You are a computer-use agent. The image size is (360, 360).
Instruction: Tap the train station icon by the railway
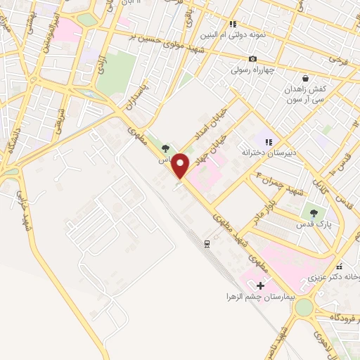(x=207, y=243)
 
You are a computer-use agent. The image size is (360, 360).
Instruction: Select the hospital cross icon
(x=261, y=285)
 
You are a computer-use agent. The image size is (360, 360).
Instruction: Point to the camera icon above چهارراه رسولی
(x=252, y=58)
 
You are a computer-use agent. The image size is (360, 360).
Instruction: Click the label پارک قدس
(x=314, y=223)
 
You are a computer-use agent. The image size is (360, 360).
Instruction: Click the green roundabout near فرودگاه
(x=304, y=307)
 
